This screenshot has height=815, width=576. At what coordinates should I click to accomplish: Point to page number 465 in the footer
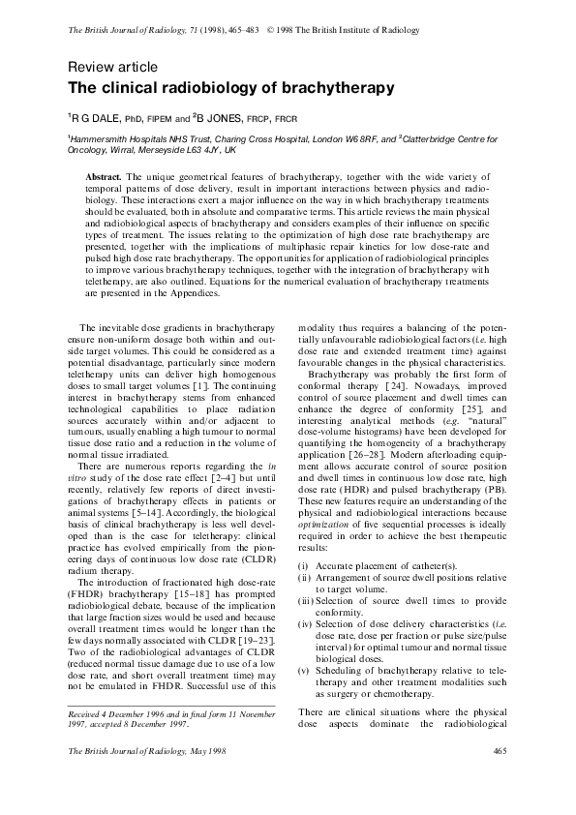[500, 778]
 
